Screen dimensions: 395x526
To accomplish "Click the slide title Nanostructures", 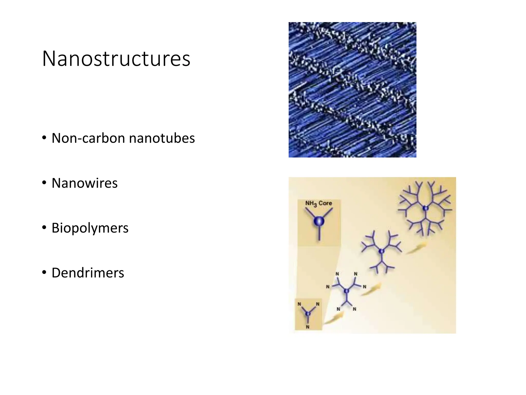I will (116, 59).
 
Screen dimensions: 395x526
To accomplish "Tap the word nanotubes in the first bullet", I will (162, 138).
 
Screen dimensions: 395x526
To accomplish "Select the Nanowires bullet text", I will (84, 183).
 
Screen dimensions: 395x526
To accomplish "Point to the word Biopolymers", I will (90, 228).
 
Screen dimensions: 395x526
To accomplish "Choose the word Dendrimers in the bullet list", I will (88, 273).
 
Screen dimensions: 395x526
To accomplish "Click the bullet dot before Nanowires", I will (44, 183).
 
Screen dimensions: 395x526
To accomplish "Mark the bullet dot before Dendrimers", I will (44, 272).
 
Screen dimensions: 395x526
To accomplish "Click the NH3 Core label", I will (318, 203).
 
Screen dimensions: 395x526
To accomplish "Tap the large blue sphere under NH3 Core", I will (319, 221).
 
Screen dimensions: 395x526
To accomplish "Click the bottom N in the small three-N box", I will (308, 327).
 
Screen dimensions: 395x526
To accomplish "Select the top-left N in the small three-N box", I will (299, 304).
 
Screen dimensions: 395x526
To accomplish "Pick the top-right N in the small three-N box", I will (318, 304).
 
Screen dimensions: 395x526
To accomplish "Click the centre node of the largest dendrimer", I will (426, 208).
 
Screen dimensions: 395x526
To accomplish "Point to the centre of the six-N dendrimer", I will (346, 291).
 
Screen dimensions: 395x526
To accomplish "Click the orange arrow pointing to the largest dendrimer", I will (416, 248).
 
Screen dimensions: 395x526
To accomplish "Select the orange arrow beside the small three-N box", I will (334, 319).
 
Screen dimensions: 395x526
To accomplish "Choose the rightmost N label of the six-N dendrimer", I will (364, 287).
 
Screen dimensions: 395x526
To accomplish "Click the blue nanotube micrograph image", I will (352, 90).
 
